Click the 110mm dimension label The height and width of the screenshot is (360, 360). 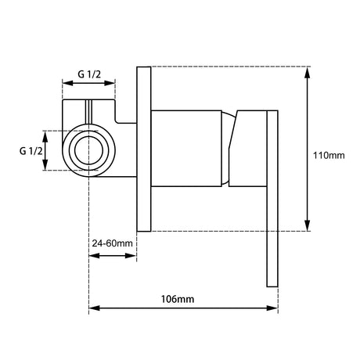tap(329, 156)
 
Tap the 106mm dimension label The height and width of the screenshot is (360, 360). tap(178, 299)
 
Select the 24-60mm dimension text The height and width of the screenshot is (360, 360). tap(113, 243)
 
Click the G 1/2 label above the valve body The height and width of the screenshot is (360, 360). tap(89, 74)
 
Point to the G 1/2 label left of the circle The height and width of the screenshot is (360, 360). tap(31, 151)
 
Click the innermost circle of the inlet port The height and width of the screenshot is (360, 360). tap(89, 151)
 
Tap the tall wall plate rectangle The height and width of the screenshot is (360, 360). tap(144, 149)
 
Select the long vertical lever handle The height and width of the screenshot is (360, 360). tap(272, 199)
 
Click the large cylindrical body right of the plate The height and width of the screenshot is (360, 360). tap(186, 149)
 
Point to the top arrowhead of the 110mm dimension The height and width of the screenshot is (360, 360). tap(308, 72)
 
